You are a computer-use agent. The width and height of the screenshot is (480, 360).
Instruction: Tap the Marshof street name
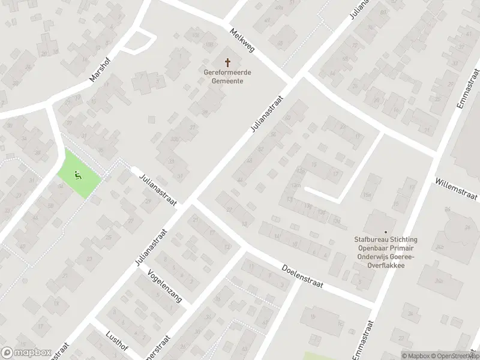(100, 73)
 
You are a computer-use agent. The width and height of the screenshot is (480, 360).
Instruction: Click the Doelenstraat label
(302, 277)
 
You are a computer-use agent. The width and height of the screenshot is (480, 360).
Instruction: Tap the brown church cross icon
(227, 62)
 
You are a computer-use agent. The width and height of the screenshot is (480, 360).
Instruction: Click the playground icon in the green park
(77, 175)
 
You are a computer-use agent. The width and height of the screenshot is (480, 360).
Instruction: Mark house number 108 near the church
(209, 44)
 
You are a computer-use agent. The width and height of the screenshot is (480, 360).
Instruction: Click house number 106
(196, 35)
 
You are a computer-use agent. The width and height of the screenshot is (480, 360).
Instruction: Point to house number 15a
(367, 196)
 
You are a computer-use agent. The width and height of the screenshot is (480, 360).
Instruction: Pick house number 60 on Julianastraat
(287, 118)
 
